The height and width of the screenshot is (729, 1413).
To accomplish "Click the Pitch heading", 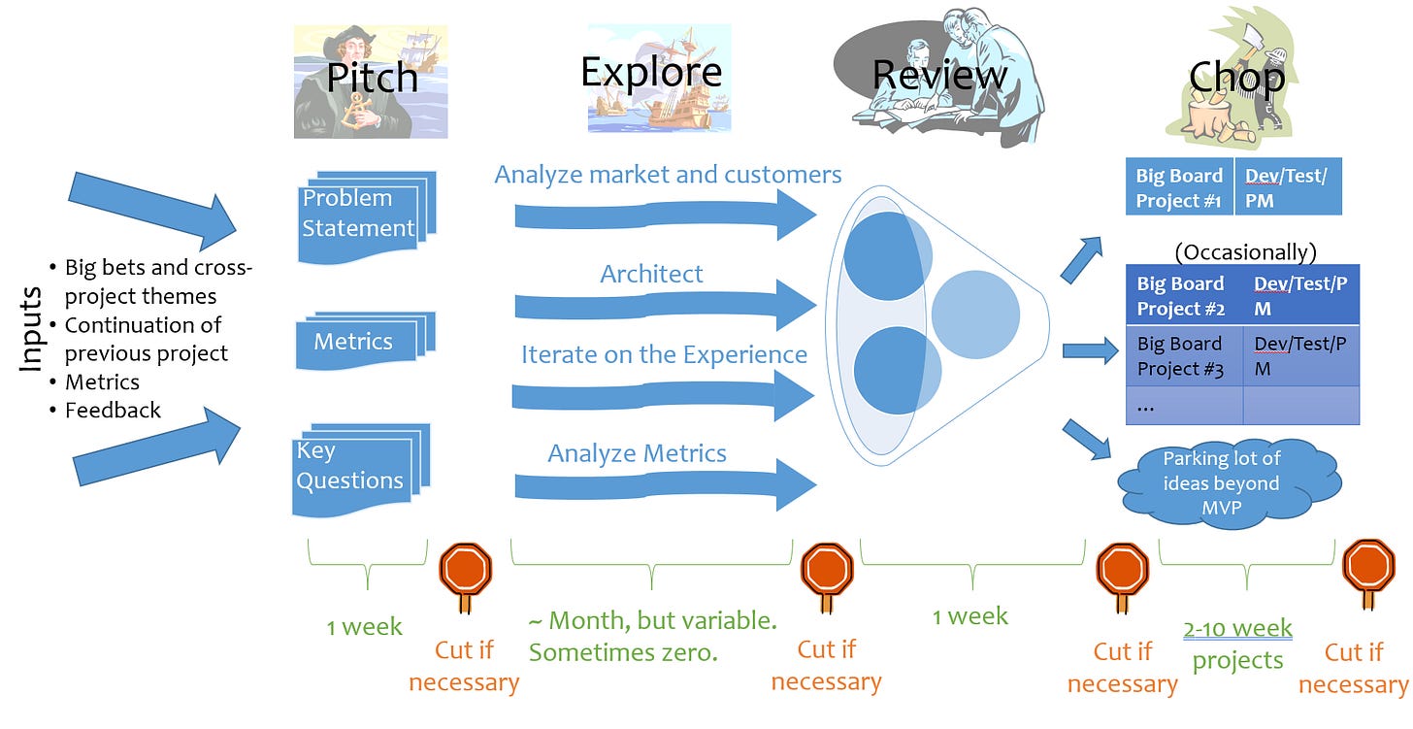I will [372, 77].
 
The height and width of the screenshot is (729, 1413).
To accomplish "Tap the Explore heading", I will [651, 72].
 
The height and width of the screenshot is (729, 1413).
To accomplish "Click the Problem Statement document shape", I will [360, 215].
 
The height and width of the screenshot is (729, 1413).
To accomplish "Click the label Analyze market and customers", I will [668, 175].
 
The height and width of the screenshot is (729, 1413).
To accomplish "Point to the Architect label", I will [651, 274].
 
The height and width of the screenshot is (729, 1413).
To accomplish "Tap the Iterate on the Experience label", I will [664, 354].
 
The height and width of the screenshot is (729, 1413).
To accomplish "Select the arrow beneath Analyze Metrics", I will [665, 486].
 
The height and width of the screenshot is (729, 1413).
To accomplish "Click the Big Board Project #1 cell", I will [1179, 187].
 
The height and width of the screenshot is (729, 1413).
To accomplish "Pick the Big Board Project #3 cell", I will [1183, 356].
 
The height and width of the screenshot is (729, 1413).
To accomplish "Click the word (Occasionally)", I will [1245, 252].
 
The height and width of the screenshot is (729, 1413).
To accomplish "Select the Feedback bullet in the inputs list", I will [113, 411].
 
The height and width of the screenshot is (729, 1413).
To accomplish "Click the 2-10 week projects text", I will [1237, 645].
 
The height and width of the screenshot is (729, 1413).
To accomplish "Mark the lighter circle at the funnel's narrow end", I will [974, 312].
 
